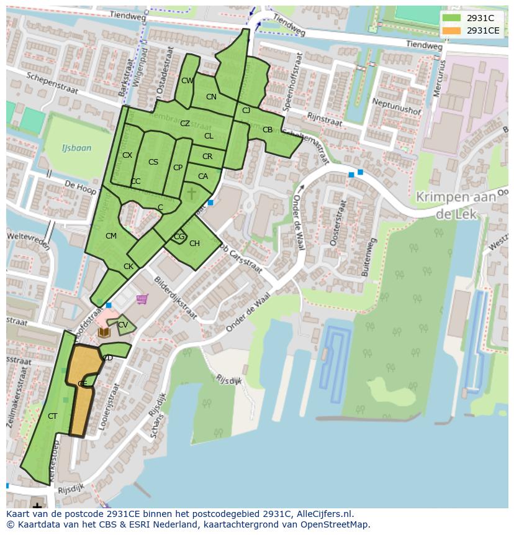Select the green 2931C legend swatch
click(452, 18)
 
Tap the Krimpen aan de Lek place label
click(456, 204)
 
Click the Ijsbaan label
click(76, 148)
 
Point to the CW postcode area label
click(187, 81)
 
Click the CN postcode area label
click(211, 96)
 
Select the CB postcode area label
click(268, 130)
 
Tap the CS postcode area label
click(153, 162)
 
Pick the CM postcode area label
click(111, 235)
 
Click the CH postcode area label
click(194, 243)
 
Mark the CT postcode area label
click(52, 416)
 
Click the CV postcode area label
click(123, 325)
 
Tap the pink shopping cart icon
click(142, 300)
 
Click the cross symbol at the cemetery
click(191, 194)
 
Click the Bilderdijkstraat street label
click(176, 298)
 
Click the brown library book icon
click(104, 332)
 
